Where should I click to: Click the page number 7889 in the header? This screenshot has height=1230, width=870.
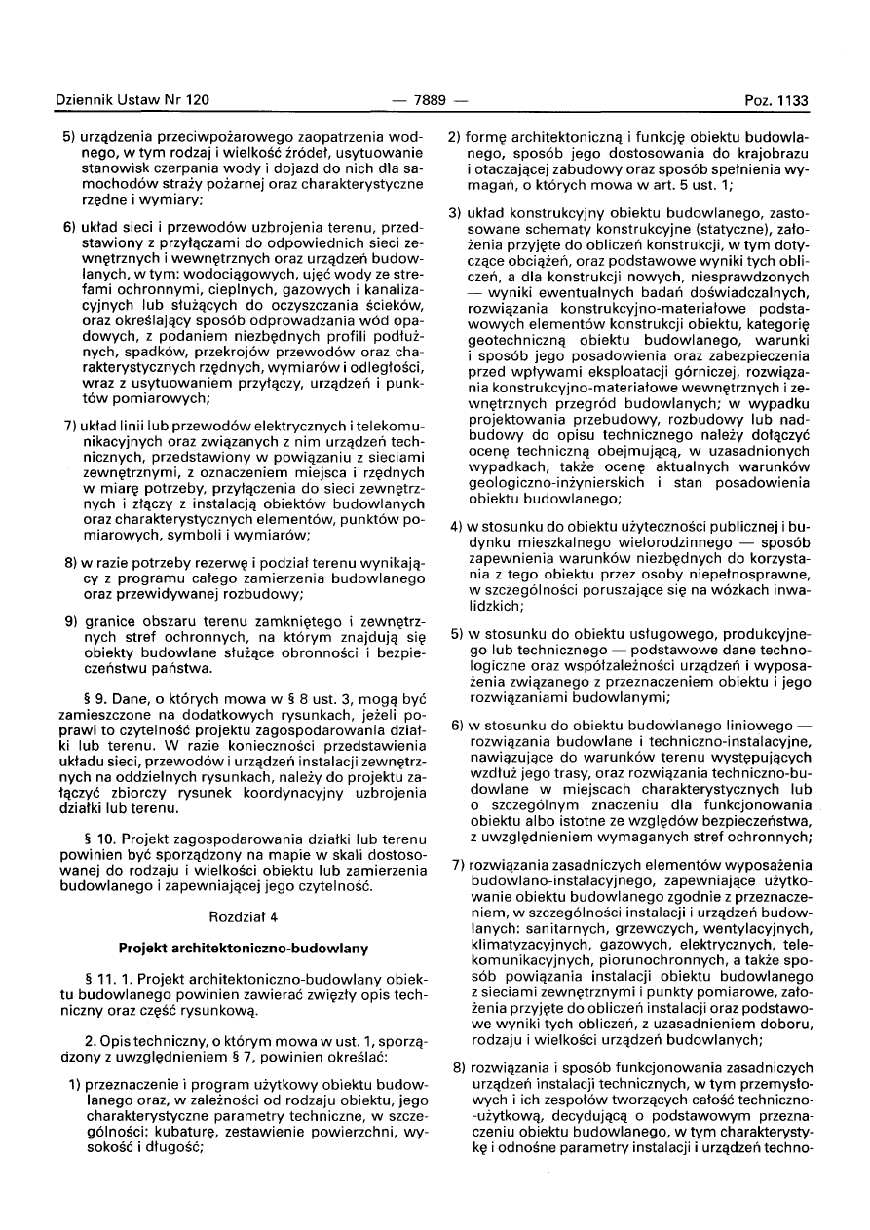tap(429, 100)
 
